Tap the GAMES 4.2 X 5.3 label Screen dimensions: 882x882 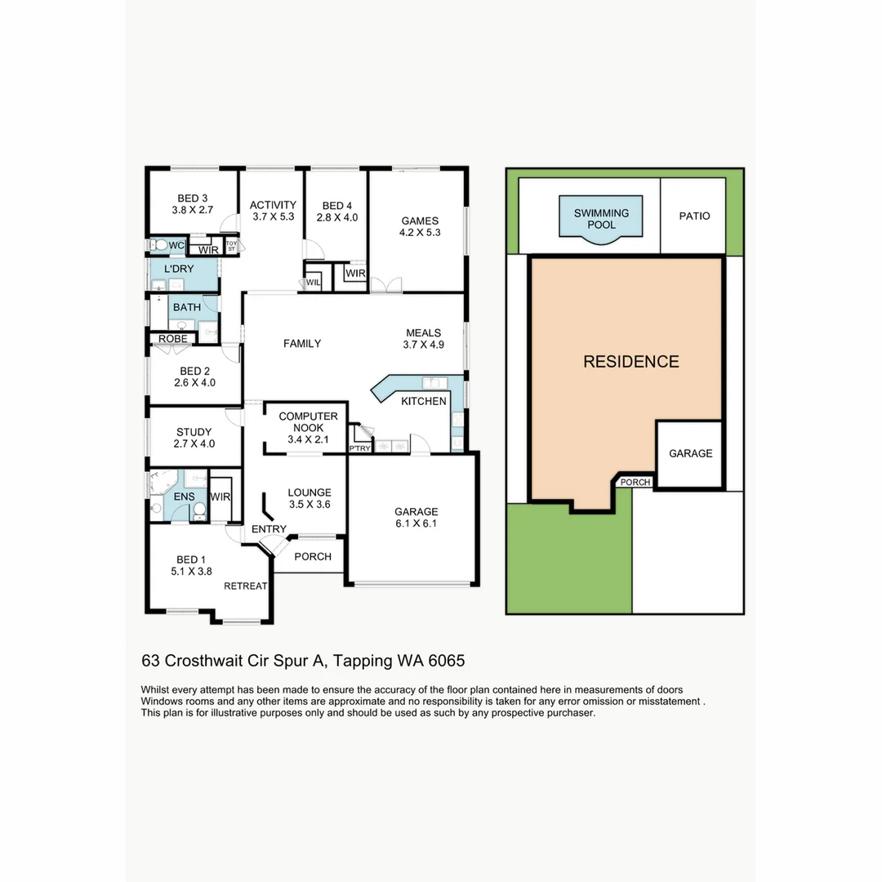pyautogui.click(x=420, y=226)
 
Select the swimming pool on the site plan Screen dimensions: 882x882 pyautogui.click(x=601, y=218)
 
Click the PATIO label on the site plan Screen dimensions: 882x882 pyautogui.click(x=694, y=216)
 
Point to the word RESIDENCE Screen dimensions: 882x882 pyautogui.click(x=630, y=362)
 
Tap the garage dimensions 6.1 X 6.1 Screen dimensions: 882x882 pyautogui.click(x=416, y=524)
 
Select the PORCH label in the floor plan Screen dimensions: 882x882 pyautogui.click(x=312, y=557)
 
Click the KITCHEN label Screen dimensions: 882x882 pyautogui.click(x=423, y=401)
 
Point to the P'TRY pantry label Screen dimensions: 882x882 pyautogui.click(x=359, y=448)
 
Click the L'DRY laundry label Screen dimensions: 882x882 pyautogui.click(x=178, y=269)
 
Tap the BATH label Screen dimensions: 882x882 pyautogui.click(x=187, y=308)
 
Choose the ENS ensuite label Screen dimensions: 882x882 pyautogui.click(x=184, y=496)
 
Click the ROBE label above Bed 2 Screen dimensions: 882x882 pyautogui.click(x=172, y=339)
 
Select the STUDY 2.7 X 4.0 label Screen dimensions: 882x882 pyautogui.click(x=194, y=438)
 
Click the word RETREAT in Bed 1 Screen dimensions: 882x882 pyautogui.click(x=246, y=586)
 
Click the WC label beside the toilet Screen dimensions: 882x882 pyautogui.click(x=176, y=245)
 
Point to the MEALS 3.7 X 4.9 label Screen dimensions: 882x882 pyautogui.click(x=423, y=339)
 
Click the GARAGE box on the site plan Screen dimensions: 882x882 pyautogui.click(x=690, y=454)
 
